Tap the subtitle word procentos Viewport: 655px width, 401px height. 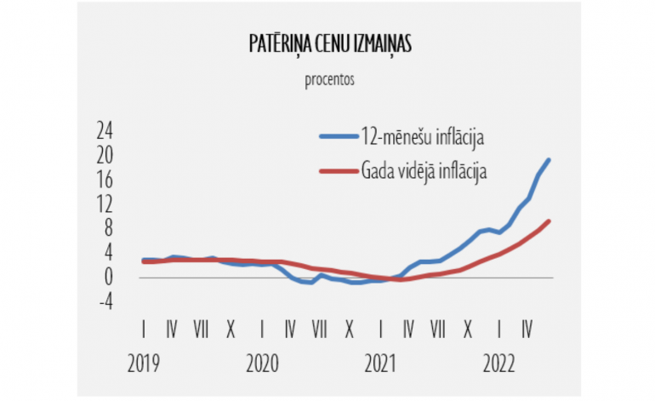(328, 81)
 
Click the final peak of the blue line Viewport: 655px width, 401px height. (549, 160)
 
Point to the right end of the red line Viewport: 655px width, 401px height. (550, 221)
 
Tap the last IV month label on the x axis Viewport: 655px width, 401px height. (527, 328)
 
